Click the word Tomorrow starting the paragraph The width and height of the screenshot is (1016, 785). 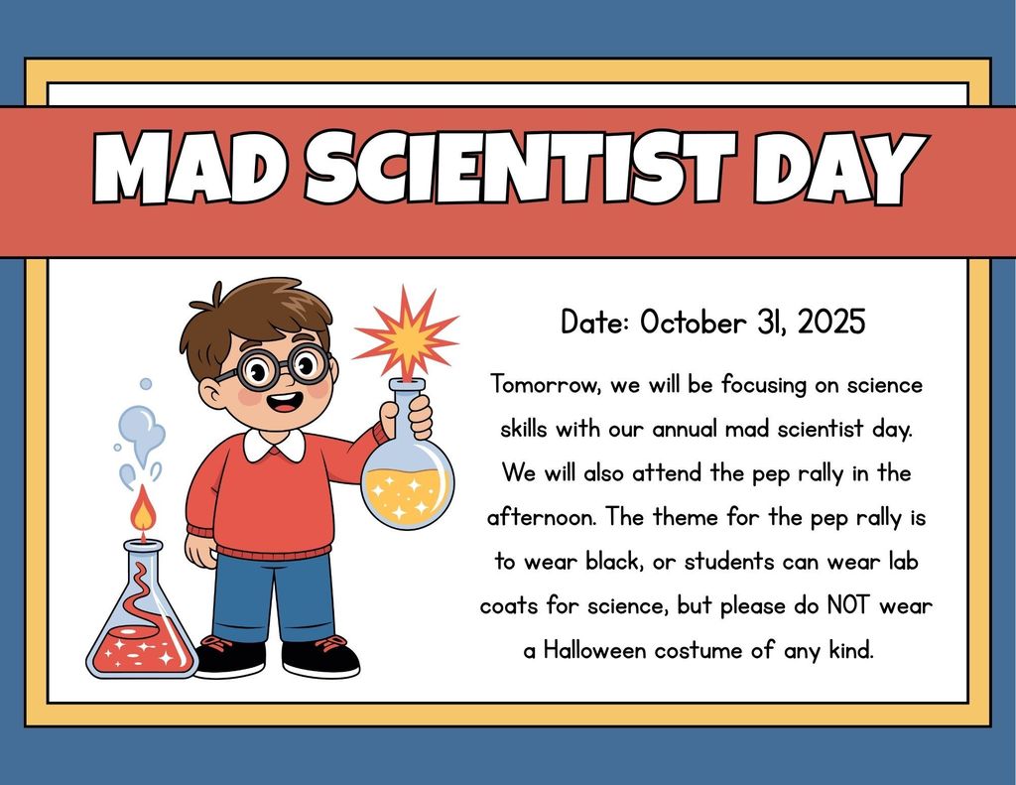pyautogui.click(x=542, y=383)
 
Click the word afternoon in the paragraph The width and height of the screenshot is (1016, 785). pyautogui.click(x=542, y=517)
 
